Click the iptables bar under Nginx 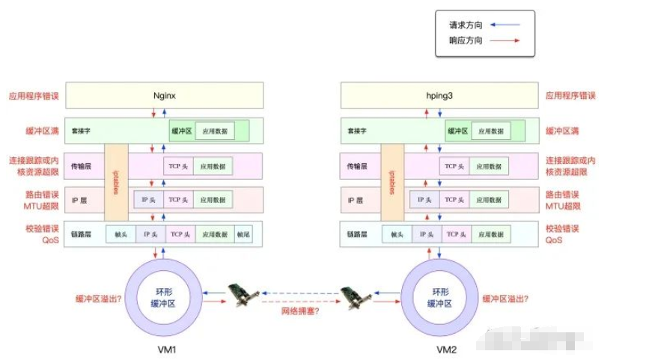click(x=116, y=182)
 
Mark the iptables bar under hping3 click(x=391, y=182)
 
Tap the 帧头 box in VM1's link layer click(x=121, y=234)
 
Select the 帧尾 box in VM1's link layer click(x=244, y=234)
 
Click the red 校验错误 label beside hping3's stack click(x=564, y=228)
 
